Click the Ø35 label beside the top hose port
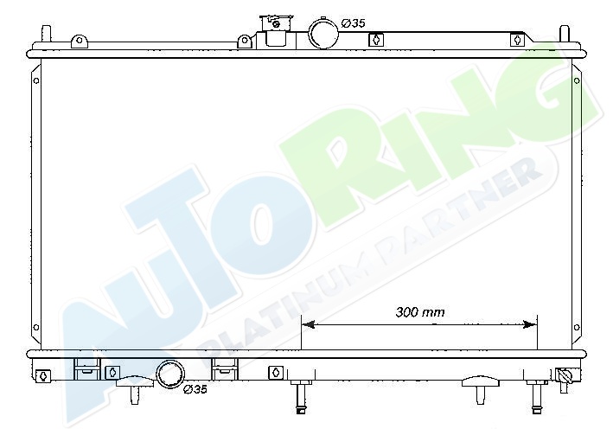pos(354,23)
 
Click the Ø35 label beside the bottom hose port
pos(195,389)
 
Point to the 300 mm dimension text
pos(420,312)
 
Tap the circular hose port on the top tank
pos(323,33)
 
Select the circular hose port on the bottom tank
pos(170,374)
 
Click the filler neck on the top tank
pos(276,31)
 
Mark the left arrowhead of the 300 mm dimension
pos(309,324)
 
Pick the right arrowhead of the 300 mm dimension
pos(530,324)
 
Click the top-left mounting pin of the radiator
pos(46,34)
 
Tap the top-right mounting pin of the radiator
pos(565,34)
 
